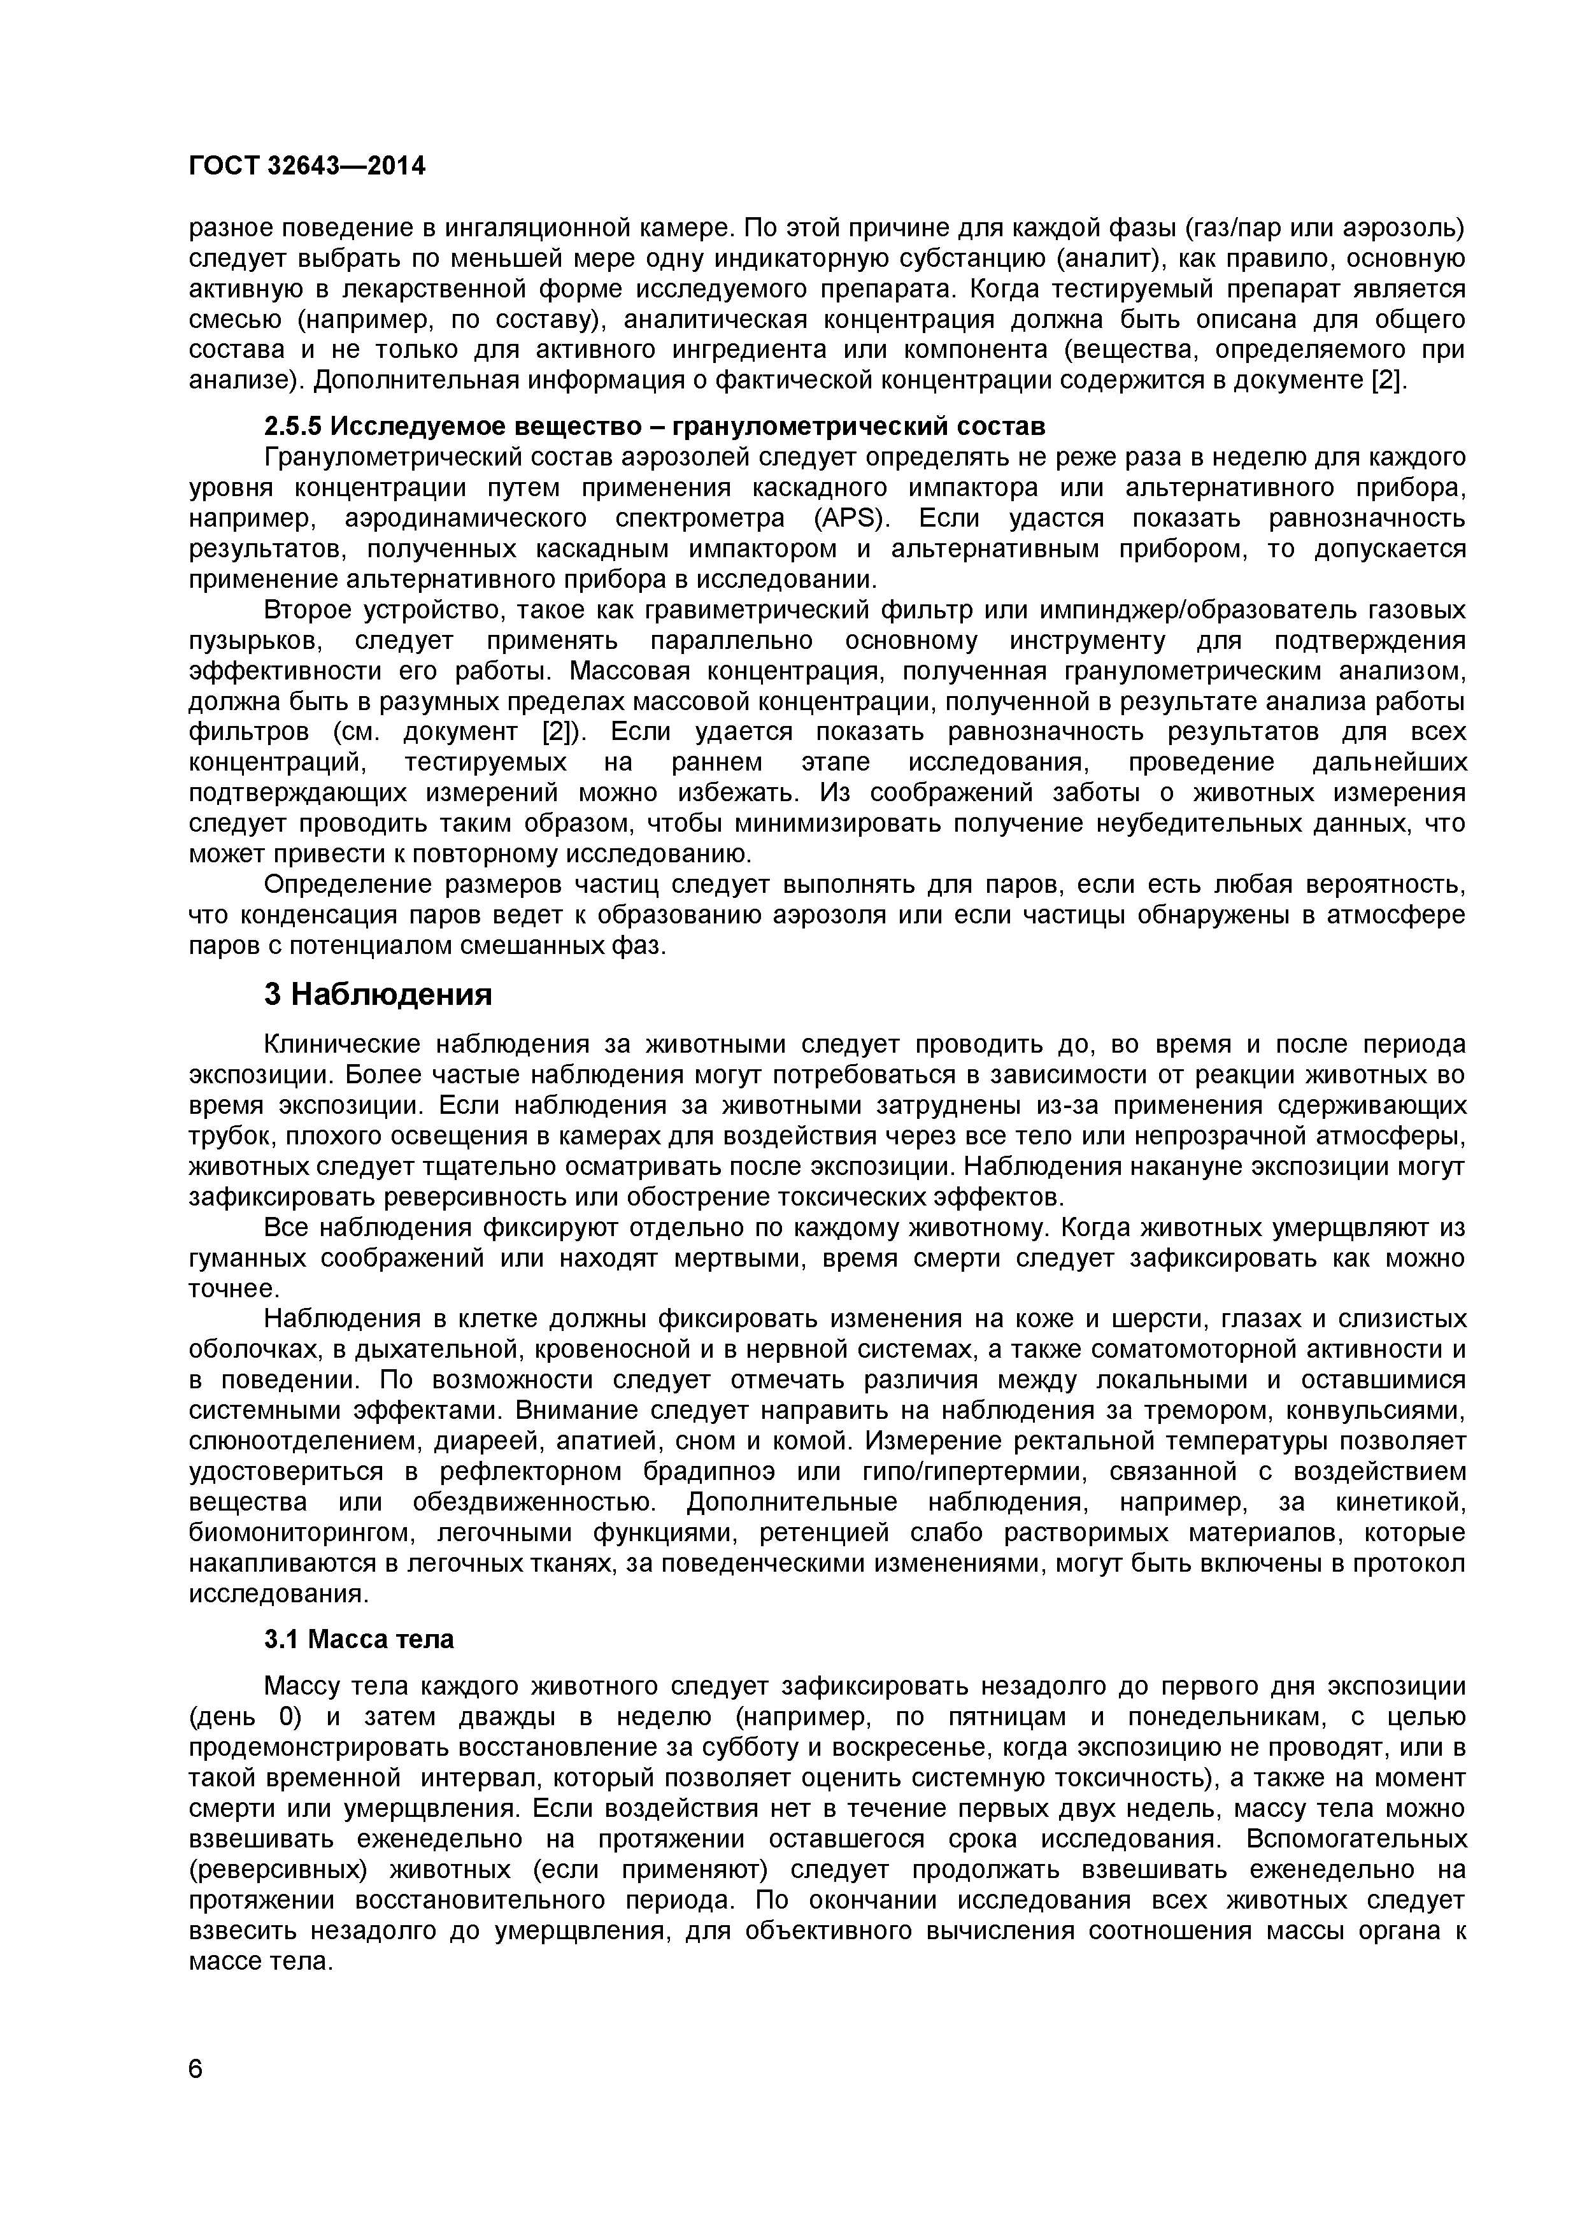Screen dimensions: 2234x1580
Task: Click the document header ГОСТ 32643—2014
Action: pyautogui.click(x=306, y=166)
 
